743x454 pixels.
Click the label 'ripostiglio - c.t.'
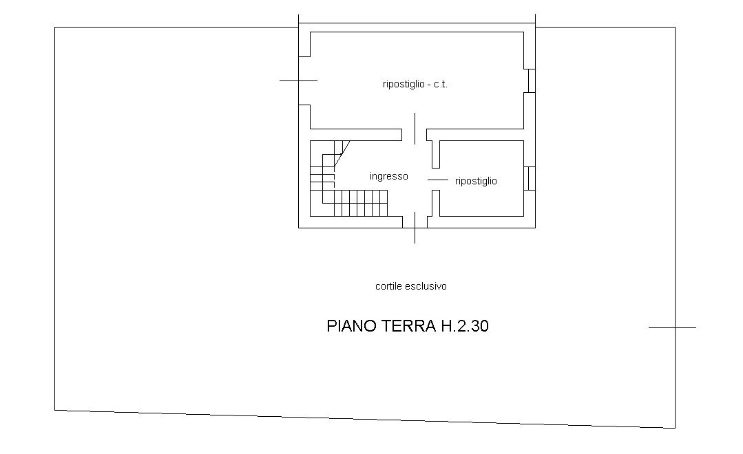pyautogui.click(x=415, y=85)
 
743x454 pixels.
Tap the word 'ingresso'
pyautogui.click(x=388, y=177)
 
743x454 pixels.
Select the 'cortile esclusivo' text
pyautogui.click(x=411, y=286)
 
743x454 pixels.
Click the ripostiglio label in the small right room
pyautogui.click(x=476, y=182)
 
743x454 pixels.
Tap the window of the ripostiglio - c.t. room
pyautogui.click(x=532, y=81)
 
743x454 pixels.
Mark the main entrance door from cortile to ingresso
pyautogui.click(x=415, y=228)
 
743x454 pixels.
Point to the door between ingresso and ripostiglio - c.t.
pyautogui.click(x=415, y=129)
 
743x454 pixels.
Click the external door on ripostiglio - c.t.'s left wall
pyautogui.click(x=299, y=81)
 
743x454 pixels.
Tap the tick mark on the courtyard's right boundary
pyautogui.click(x=672, y=327)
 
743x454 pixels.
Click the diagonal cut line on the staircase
pyautogui.click(x=342, y=154)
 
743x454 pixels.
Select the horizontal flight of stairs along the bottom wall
pyautogui.click(x=361, y=203)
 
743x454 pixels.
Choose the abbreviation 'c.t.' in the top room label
pyautogui.click(x=441, y=85)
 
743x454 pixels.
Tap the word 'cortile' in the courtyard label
pyautogui.click(x=388, y=286)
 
